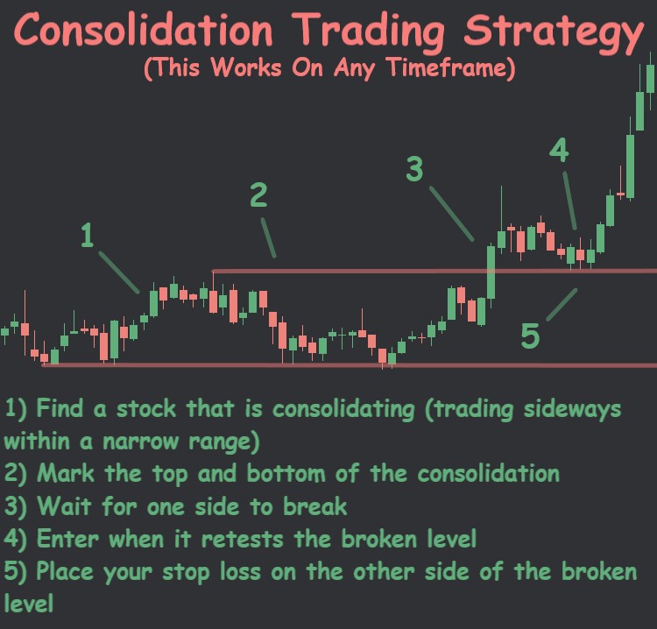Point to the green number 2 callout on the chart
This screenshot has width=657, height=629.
[258, 195]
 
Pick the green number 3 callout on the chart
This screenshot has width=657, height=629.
[414, 168]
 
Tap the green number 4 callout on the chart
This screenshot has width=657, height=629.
[559, 151]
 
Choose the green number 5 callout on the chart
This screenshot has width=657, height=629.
[530, 336]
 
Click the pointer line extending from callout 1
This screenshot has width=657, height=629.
[119, 272]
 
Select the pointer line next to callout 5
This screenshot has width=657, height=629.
[562, 304]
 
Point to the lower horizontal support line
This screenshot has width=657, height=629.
[219, 364]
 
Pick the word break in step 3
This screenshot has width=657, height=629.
[316, 507]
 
